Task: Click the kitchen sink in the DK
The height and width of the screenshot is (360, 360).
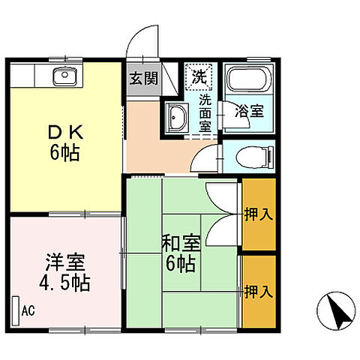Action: click(x=64, y=75)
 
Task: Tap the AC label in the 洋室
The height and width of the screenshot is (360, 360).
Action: click(x=28, y=309)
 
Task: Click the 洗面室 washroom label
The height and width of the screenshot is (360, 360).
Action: click(x=204, y=112)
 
